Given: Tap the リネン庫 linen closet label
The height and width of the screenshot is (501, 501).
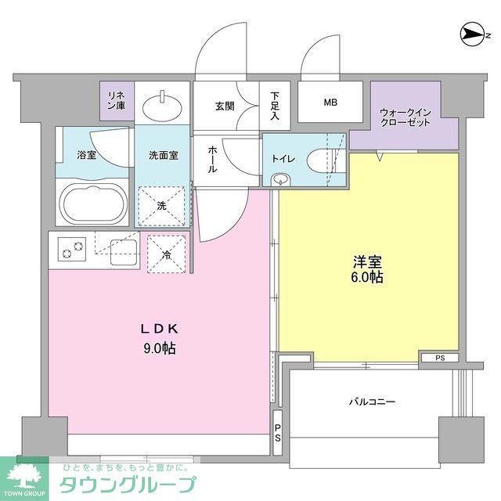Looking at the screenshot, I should (x=116, y=100).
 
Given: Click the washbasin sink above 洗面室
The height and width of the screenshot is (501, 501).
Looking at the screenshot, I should (x=164, y=103).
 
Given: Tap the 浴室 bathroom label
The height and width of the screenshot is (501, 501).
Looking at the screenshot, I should (x=86, y=155).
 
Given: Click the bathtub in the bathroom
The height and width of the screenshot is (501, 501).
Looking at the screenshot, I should (x=93, y=204).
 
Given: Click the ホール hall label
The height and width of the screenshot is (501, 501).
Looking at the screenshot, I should (x=211, y=160).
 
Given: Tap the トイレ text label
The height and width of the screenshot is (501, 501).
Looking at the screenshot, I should (x=283, y=159).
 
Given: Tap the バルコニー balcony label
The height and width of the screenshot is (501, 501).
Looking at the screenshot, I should (x=371, y=402).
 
